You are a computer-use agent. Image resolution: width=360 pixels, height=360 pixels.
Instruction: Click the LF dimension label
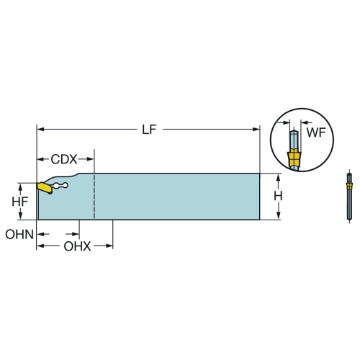149,130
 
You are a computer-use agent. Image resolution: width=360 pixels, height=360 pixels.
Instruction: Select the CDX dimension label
64,159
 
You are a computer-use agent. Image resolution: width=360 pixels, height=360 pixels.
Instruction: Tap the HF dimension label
20,202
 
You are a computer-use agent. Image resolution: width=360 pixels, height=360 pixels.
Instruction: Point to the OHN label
19,234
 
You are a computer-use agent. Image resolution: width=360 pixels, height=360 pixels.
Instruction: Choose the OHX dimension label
77,246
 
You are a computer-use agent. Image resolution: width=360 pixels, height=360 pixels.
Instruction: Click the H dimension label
278,196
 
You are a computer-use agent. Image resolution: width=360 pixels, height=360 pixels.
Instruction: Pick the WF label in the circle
316,132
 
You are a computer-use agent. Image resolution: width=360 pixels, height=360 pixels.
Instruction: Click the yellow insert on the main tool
45,188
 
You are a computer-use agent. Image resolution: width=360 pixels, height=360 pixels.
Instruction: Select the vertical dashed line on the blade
94,196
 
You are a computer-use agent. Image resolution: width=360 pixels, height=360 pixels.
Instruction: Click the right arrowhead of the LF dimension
256,130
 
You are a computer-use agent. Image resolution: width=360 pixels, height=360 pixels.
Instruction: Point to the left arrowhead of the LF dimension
40,130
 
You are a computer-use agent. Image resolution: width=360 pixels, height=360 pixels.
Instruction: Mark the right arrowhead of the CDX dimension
90,159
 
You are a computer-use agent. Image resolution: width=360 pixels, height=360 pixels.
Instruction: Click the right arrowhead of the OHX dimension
109,246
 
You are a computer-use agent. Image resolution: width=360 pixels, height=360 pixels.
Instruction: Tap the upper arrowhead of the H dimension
279,177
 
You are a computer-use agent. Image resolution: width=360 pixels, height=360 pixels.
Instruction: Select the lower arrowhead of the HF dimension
20,215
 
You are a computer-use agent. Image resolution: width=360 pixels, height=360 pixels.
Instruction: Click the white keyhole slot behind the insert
60,185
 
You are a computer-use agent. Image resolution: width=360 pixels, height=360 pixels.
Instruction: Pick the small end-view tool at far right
349,197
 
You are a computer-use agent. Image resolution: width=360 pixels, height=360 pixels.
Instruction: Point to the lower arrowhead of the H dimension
279,215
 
